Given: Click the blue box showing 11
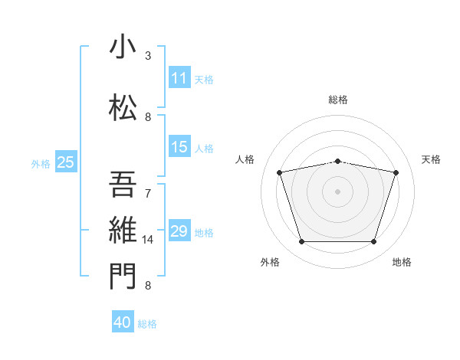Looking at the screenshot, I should (179, 78).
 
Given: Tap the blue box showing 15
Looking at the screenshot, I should (179, 147).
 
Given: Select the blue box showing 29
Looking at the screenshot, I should (179, 231).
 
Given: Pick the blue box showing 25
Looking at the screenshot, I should (66, 162).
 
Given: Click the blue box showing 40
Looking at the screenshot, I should (123, 322).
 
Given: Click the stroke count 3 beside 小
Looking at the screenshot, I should (148, 56).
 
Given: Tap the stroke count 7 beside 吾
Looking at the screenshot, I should (148, 193).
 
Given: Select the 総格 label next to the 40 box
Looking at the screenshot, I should (148, 324).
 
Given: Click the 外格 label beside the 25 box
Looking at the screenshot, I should (41, 163).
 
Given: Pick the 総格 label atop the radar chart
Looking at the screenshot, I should (338, 100).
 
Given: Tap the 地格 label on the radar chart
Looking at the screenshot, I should (402, 262).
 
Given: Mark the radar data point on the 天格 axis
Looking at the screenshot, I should (396, 172).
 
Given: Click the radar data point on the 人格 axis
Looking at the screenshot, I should (280, 172).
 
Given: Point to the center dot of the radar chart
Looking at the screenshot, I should (338, 191).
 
